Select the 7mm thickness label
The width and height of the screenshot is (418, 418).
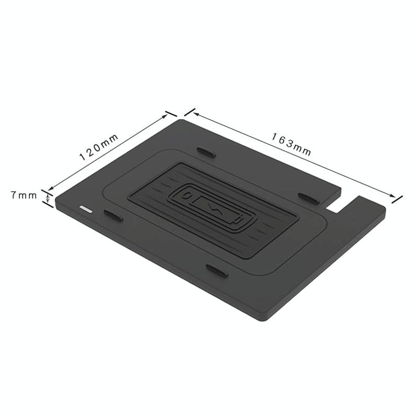[24, 195]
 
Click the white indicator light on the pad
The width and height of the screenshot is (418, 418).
[85, 208]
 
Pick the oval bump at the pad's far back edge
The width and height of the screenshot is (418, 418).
[207, 152]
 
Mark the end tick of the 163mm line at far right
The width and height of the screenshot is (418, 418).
[397, 198]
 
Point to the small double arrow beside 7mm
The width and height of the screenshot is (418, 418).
[48, 199]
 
